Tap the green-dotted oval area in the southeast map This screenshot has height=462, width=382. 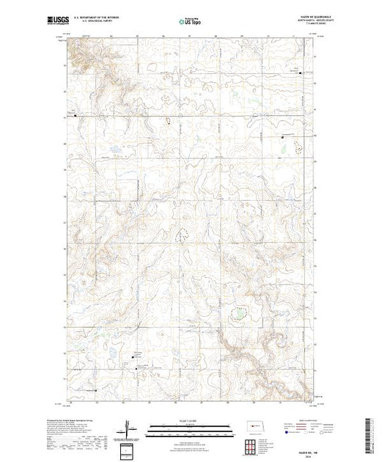[238, 315]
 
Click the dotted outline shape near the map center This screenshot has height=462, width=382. [180, 235]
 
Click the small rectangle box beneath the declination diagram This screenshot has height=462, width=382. [127, 449]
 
